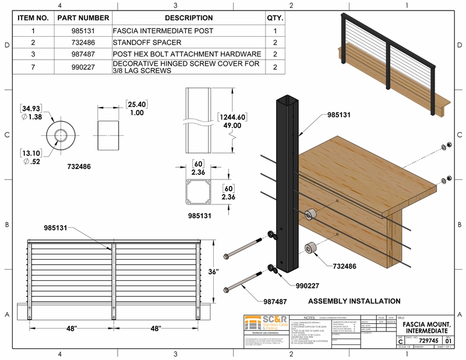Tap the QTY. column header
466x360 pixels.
click(x=274, y=18)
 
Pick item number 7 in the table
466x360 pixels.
click(x=33, y=67)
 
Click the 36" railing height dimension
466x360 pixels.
click(x=229, y=272)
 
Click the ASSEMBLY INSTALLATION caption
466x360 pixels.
click(x=354, y=301)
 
